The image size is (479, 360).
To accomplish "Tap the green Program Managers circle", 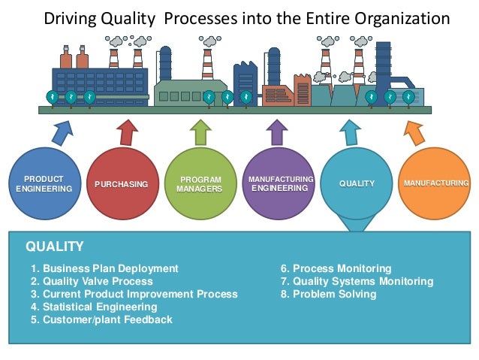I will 199,184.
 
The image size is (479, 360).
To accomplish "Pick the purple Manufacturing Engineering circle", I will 279,184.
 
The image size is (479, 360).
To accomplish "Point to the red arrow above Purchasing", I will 128,132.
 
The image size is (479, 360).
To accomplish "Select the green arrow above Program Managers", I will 200,132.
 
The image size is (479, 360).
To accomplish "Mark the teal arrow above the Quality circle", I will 350,132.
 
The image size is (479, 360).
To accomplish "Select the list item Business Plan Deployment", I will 104,268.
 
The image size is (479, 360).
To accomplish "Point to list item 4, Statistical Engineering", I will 94,307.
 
